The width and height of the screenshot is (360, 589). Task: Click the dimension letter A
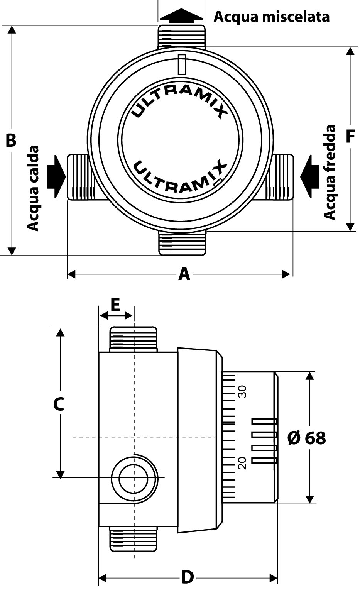pos(184,274)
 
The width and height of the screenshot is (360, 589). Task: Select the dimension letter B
pos(11,140)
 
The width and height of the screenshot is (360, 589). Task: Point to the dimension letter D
pos(188,578)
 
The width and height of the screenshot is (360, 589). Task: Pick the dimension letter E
pos(115,305)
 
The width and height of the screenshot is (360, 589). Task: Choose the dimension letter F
pos(350,136)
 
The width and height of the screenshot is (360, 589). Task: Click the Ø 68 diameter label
pos(307,438)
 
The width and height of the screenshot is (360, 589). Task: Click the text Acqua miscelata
pos(272,17)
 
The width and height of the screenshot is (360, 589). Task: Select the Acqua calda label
pos(34,188)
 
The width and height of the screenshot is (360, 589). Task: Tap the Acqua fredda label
pos(330,172)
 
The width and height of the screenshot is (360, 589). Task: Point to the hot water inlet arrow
pos(55,177)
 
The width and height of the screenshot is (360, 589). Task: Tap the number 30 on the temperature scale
pos(243,391)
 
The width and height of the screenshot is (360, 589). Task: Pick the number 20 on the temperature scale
pos(243,462)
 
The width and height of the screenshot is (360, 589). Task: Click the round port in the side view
pos(134,478)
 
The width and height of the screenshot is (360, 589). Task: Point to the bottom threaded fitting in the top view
pos(181,244)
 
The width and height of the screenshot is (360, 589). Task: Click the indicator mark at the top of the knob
pos(182,64)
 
